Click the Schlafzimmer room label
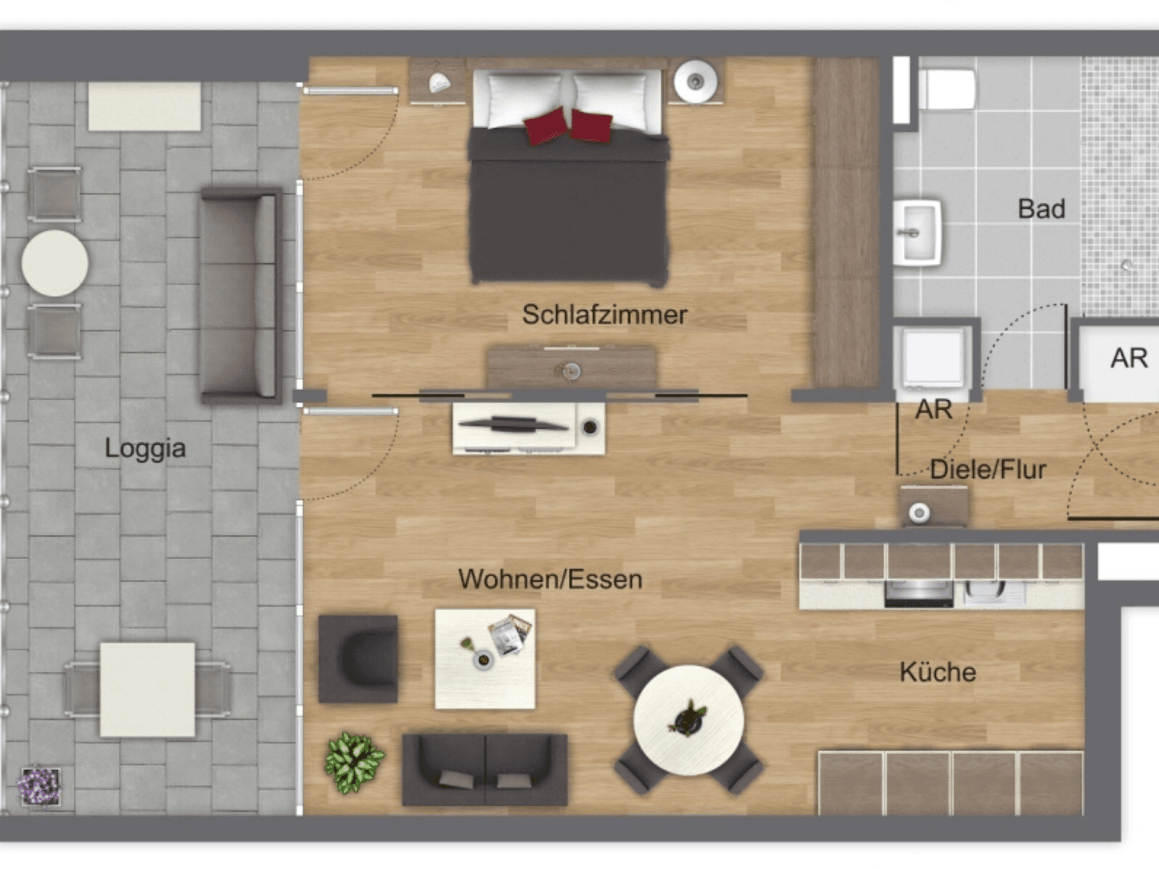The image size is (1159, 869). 604,315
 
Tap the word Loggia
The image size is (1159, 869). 145,447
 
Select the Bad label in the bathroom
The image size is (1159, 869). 1041,209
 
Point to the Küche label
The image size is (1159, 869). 938,672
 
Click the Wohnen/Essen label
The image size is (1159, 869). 550,579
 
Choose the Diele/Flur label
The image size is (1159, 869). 988,469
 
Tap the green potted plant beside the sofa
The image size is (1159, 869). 354,761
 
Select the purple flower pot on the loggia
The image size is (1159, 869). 39,785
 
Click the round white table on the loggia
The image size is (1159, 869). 55,263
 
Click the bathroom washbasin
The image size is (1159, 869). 918,233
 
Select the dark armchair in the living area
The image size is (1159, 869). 358,659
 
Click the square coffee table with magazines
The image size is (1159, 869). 485,658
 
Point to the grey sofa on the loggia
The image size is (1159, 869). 241,295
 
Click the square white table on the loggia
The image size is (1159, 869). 147,689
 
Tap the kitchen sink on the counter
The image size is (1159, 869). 995,592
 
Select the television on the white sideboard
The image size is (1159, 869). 515,424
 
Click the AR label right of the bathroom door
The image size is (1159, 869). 1128,358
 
